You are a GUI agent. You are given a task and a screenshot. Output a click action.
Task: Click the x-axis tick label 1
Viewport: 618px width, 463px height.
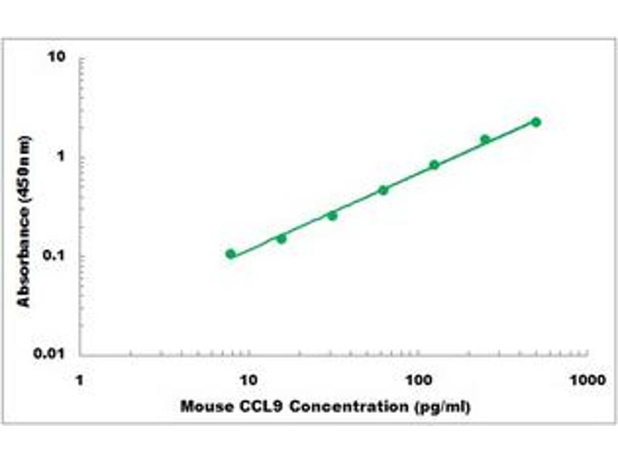80,380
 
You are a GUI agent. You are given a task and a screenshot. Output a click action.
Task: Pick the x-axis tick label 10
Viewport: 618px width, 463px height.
248,380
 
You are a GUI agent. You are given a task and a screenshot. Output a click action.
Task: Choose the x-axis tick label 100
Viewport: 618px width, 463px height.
418,380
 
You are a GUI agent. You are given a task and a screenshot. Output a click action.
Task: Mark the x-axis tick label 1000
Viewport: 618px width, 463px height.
586,380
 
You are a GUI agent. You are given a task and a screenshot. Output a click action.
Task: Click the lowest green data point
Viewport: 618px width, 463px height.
230,254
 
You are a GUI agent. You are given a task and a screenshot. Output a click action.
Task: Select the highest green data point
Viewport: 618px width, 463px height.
536,122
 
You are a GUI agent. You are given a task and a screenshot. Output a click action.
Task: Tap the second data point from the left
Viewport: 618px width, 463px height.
281,238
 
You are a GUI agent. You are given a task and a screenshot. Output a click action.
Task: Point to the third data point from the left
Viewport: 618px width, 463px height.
332,215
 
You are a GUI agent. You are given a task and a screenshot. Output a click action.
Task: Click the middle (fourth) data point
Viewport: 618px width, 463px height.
383,190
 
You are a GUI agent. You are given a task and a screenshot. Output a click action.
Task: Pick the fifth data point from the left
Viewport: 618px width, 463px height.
434,164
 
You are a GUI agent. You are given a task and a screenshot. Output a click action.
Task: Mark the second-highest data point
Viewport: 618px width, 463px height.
485,140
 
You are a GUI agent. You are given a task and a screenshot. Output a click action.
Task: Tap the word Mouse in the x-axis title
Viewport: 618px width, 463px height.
203,406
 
